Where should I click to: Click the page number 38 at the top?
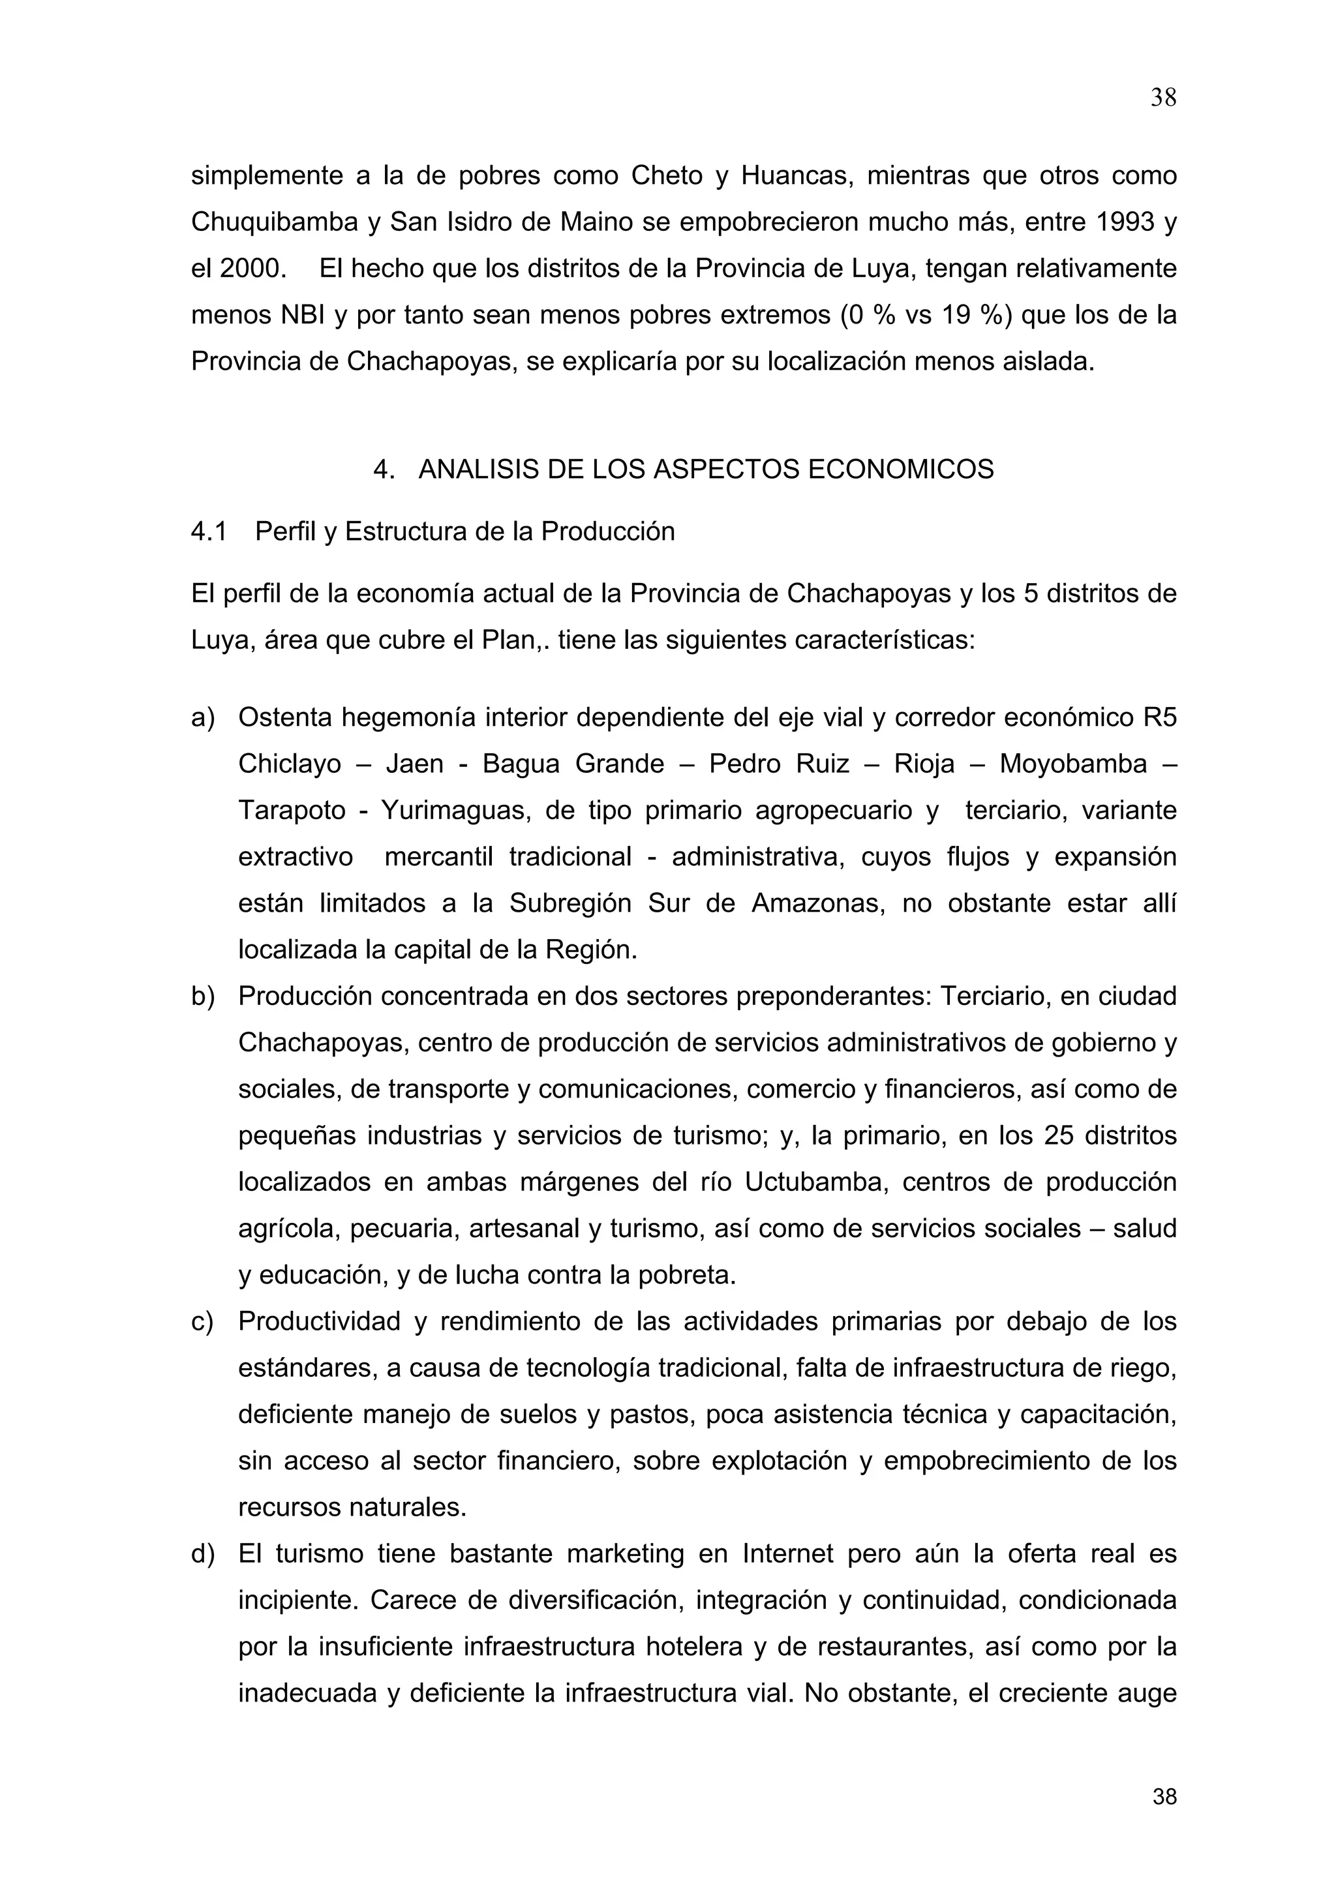coord(1162,98)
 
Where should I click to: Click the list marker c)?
coord(202,1321)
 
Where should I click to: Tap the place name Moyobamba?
coord(1072,764)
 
